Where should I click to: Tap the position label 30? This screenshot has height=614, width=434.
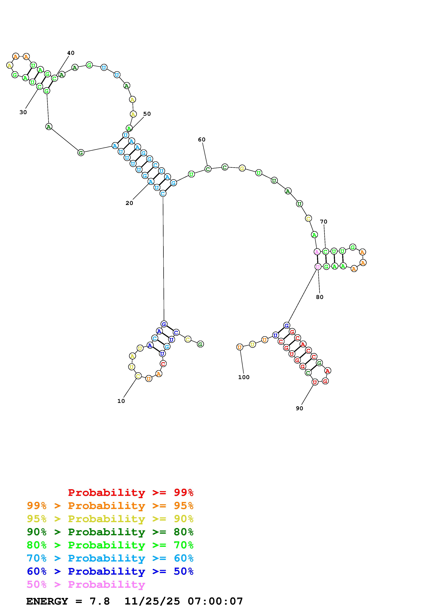[x=23, y=112]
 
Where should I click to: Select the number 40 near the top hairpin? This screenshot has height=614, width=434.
[x=71, y=53]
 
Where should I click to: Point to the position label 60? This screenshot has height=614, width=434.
[x=202, y=140]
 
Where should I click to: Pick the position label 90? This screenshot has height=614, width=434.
[x=300, y=408]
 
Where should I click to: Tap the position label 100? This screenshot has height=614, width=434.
[x=244, y=377]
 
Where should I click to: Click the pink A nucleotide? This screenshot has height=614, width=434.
[x=317, y=252]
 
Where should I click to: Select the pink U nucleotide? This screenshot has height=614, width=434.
[x=318, y=267]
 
